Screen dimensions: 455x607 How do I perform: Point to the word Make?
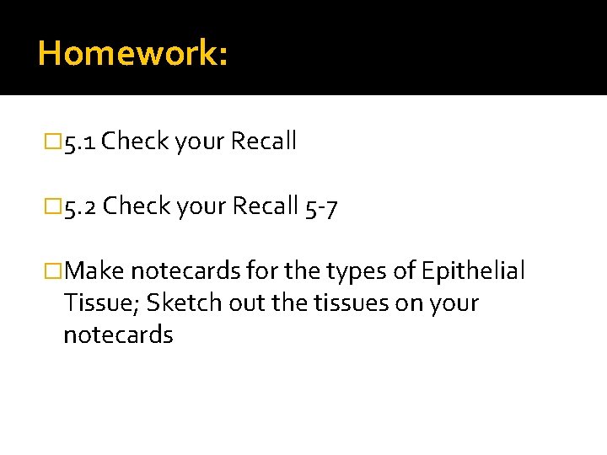tap(94, 270)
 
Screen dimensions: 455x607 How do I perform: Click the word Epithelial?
tap(474, 270)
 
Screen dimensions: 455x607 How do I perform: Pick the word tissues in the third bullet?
tap(330, 302)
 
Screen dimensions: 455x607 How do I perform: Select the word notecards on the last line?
tap(118, 335)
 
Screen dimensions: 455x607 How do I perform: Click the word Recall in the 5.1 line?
tap(264, 142)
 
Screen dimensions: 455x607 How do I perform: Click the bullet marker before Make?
tap(55, 270)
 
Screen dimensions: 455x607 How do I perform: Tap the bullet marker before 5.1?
tap(55, 142)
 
